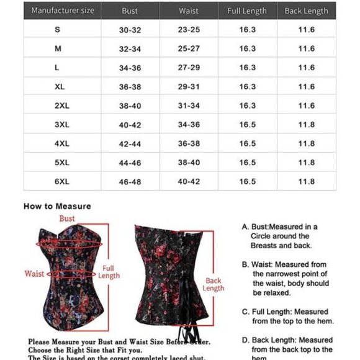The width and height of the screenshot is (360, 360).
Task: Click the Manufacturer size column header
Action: pyautogui.click(x=62, y=11)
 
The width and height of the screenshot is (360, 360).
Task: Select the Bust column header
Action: pyautogui.click(x=130, y=11)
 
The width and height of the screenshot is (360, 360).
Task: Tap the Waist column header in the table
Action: pyautogui.click(x=188, y=11)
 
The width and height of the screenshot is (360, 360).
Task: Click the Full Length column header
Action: pyautogui.click(x=247, y=11)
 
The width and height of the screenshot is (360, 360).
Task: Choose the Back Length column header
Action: pyautogui.click(x=306, y=11)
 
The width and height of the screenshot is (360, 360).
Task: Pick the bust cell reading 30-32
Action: pyautogui.click(x=130, y=30)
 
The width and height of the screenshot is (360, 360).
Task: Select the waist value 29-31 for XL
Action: pyautogui.click(x=188, y=87)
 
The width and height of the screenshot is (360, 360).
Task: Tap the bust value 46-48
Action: pyautogui.click(x=130, y=181)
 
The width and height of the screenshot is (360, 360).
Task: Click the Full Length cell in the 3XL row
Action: pyautogui.click(x=247, y=125)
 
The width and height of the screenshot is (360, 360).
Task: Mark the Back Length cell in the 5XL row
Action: pyautogui.click(x=306, y=163)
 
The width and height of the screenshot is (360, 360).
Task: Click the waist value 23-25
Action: pyautogui.click(x=188, y=30)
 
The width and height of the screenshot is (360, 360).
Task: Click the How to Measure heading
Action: pyautogui.click(x=57, y=206)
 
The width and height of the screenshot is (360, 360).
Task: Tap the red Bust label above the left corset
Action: pyautogui.click(x=67, y=218)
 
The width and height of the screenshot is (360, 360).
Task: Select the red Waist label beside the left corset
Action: pyautogui.click(x=34, y=273)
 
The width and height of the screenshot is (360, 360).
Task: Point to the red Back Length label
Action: pyautogui.click(x=213, y=284)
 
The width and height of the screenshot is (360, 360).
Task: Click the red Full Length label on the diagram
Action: pyautogui.click(x=109, y=272)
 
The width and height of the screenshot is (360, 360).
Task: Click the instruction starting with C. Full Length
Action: pyautogui.click(x=288, y=316)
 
